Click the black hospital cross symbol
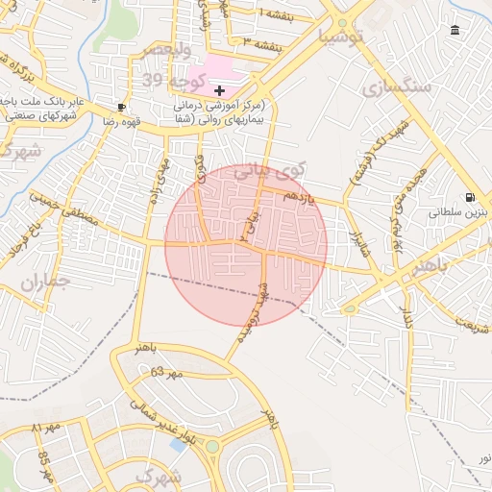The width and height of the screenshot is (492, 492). [x=219, y=89]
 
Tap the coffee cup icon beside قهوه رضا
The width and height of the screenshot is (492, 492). [x=121, y=107]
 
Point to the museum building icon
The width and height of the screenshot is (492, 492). [x=455, y=31]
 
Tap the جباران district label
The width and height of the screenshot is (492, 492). [x=44, y=283]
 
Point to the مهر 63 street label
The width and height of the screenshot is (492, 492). [x=166, y=372]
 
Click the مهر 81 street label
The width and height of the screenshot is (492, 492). [x=46, y=426]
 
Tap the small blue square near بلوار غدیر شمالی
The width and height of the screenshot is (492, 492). [x=178, y=444]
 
